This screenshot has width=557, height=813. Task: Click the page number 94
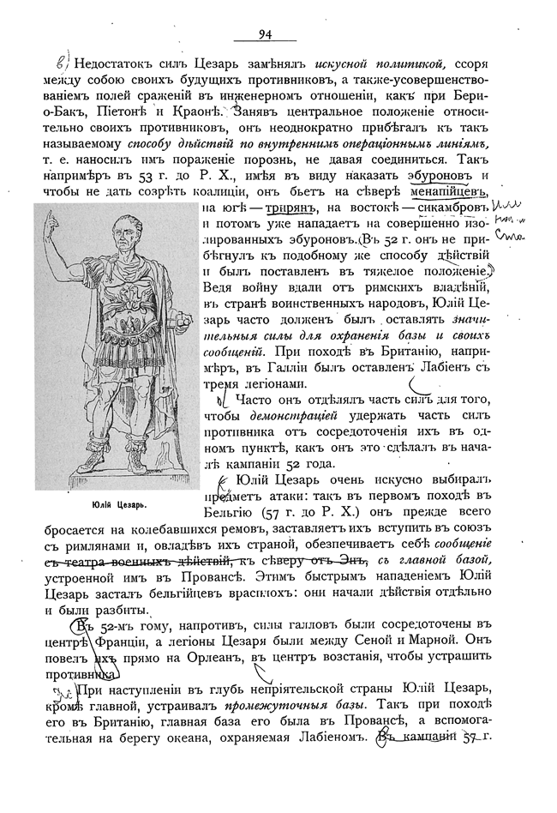click(x=264, y=33)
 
